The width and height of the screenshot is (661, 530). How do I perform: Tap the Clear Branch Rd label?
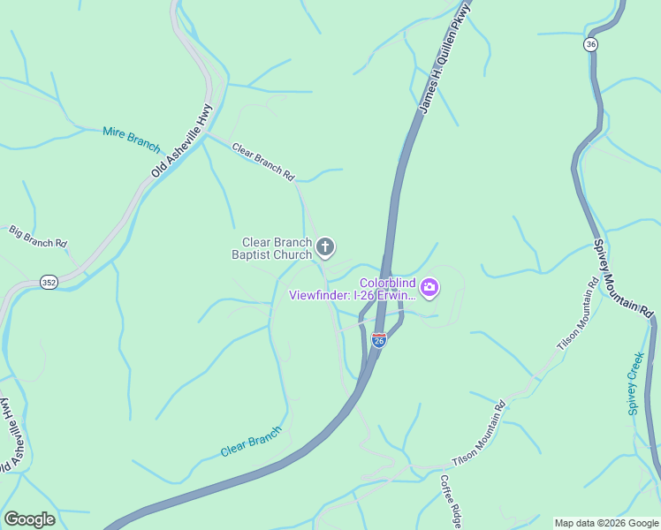click(x=262, y=162)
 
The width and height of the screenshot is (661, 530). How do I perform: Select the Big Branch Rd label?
click(x=38, y=236)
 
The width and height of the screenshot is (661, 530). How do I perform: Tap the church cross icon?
click(x=325, y=247)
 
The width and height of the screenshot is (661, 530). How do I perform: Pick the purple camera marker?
click(x=429, y=286)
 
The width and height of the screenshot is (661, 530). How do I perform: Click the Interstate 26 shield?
click(x=378, y=339)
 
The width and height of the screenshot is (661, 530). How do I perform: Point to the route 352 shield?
click(x=49, y=283)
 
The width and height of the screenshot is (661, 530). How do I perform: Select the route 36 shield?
click(x=591, y=44)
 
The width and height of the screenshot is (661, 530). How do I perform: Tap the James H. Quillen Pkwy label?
click(x=445, y=57)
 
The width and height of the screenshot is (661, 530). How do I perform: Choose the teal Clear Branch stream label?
click(x=251, y=442)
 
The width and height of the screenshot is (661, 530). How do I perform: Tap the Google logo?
click(x=29, y=519)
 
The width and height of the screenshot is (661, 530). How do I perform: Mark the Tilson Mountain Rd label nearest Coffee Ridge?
click(x=478, y=435)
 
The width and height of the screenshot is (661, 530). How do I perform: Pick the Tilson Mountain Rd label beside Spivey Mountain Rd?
click(x=578, y=314)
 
